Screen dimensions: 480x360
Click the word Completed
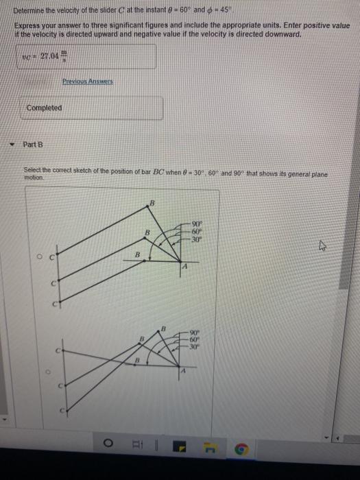tap(44, 108)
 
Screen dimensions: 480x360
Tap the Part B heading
tap(32, 145)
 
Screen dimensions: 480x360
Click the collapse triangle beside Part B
tap(12, 145)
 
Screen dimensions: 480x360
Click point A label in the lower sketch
tap(184, 370)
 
